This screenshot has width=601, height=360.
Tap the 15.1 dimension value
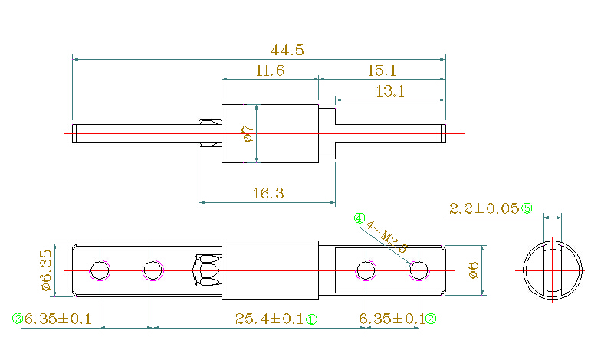pos(382,71)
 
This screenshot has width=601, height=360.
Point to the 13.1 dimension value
pos(389,92)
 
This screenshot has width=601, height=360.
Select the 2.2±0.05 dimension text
pos(483,208)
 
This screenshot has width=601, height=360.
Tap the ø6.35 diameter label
pos(45,270)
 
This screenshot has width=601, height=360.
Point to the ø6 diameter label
pos(473,270)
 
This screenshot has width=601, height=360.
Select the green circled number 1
pos(312,319)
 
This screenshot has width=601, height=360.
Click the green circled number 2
pos(431,319)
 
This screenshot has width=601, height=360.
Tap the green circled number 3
pos(17,319)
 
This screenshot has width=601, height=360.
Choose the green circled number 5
pos(527,208)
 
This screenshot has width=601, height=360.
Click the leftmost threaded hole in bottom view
pos(100,270)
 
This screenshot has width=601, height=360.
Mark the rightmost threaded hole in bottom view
pos(419,270)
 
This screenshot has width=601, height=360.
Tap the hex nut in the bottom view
pos(206,270)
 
